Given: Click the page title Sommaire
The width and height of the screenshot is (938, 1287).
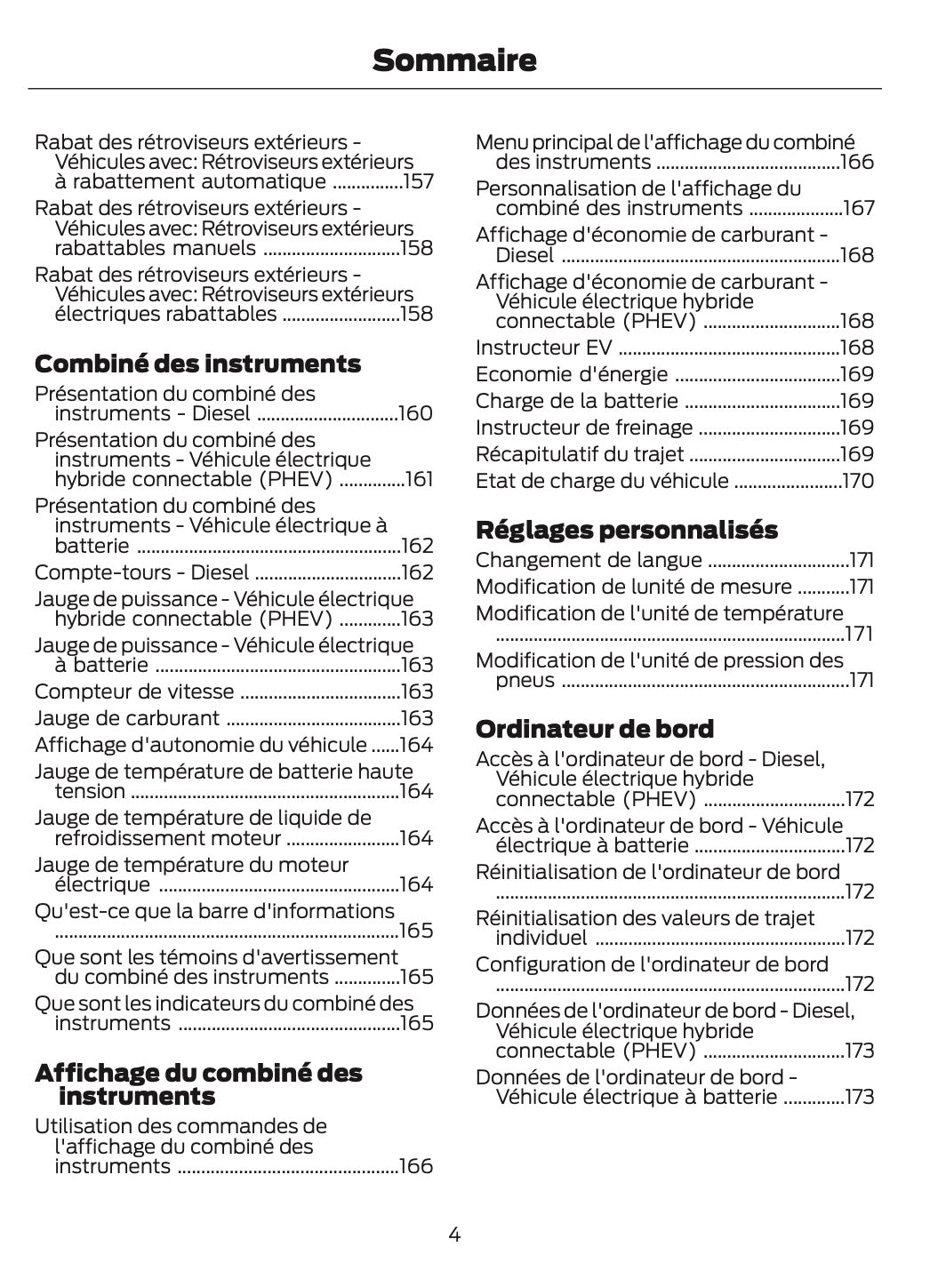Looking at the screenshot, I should pos(454,60).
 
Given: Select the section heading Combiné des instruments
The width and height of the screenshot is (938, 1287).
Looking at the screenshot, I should pos(197,364).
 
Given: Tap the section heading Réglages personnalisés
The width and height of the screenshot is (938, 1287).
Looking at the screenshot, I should pos(626,530).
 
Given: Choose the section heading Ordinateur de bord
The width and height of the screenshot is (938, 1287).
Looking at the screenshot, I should pos(594,729).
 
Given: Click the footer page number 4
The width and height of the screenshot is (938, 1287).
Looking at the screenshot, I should pos(454,1234).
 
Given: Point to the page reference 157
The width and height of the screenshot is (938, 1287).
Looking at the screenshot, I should pos(418,182).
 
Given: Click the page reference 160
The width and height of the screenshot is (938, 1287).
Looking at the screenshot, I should pos(416,413).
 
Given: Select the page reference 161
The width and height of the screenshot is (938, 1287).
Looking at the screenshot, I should pos(419,480).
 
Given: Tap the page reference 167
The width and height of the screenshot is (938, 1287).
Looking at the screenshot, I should pos(858,208).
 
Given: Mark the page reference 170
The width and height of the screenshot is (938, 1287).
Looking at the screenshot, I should pos(858,481).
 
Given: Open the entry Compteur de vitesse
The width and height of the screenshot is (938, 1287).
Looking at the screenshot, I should pos(134,691).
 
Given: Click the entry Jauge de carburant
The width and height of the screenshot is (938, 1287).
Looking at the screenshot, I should pos(127,718).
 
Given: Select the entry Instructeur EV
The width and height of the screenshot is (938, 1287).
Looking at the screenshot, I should pos(543,348).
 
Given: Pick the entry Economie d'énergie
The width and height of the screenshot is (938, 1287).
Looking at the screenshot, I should pos(571,374).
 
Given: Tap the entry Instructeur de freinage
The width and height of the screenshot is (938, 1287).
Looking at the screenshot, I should pos(583,428).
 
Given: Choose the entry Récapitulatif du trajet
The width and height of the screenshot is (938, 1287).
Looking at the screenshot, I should pos(579,454).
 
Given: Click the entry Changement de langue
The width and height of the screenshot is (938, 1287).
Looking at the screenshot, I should pos(588,560).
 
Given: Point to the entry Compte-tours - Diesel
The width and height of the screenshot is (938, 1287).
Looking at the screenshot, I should pos(141,572).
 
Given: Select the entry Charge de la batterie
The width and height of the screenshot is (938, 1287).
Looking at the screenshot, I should pos(576,401).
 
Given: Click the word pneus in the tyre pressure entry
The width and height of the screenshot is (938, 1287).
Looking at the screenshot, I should pos(525,680).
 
